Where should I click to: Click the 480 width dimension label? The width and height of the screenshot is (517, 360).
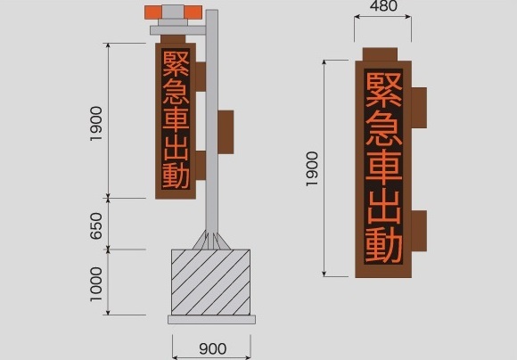383,6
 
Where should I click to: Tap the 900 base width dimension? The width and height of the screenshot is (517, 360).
213,348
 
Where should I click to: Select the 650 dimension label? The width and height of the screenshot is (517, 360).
96,225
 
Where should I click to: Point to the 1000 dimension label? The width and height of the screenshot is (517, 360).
96,284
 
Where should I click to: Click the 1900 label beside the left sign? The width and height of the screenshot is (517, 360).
96,124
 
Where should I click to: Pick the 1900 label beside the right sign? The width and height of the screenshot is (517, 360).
312,168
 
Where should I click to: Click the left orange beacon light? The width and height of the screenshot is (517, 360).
153,12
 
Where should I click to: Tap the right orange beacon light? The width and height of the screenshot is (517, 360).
193,12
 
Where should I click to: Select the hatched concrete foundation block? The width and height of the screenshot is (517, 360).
210,282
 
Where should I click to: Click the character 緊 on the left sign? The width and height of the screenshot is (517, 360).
176,63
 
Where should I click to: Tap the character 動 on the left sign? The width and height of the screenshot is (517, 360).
176,176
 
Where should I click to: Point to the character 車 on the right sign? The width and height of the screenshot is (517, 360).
384,168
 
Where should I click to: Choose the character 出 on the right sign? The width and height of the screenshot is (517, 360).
384,207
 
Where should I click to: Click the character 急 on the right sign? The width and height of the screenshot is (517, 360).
384,128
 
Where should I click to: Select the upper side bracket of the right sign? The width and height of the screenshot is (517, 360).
419,108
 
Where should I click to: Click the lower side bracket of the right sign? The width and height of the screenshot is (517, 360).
419,231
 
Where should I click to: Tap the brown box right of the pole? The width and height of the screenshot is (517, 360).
226,132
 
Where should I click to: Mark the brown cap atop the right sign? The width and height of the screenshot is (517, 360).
380,54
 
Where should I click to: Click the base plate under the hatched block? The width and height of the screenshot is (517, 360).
211,319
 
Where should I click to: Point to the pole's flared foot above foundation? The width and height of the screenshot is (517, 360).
211,240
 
